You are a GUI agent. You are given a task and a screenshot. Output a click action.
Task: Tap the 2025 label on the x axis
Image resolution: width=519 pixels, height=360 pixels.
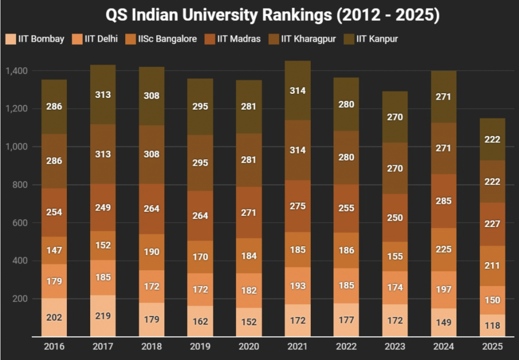click(493, 347)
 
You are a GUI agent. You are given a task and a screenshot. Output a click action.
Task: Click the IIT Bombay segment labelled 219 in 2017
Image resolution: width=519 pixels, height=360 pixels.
click(103, 315)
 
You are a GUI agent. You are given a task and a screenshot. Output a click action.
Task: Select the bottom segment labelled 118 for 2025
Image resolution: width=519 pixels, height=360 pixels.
click(493, 326)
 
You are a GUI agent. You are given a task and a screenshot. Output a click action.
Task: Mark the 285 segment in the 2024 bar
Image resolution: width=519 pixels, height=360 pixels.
click(444, 201)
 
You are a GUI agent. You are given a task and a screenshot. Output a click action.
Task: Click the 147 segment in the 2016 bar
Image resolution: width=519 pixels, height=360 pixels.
click(54, 250)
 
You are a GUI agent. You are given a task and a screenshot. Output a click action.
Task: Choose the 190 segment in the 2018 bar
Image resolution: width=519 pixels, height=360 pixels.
click(152, 252)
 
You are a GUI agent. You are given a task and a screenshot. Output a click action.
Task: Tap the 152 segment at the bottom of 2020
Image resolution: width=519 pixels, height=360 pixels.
click(249, 322)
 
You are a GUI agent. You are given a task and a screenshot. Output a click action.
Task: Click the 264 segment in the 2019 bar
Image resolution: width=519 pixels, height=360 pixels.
click(200, 215)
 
